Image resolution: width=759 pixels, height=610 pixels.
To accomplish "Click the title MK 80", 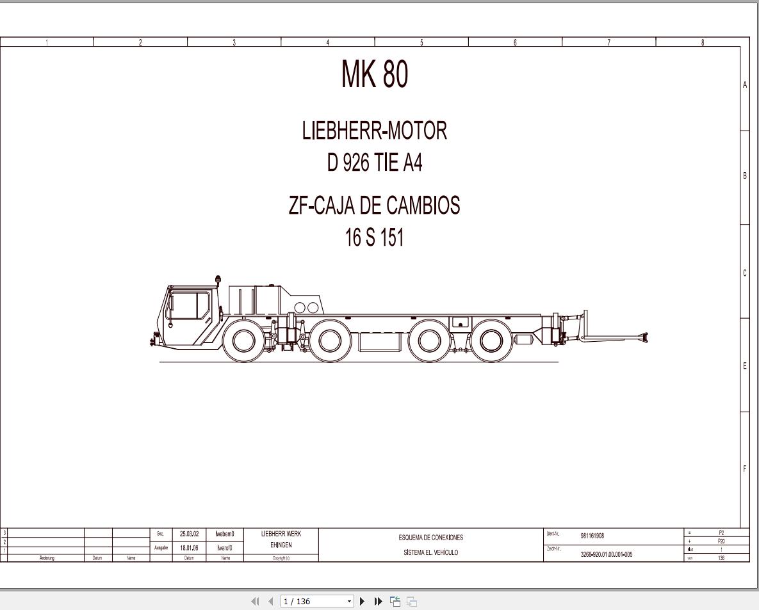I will [375, 75].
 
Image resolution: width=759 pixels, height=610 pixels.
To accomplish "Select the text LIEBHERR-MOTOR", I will [375, 131].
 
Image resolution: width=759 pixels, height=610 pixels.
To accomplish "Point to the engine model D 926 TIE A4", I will [375, 163].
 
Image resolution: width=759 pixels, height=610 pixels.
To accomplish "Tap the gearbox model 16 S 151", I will [375, 238].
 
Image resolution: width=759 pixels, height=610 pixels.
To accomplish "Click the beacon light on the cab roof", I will [218, 280].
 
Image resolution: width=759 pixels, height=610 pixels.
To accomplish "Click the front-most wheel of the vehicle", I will [244, 341].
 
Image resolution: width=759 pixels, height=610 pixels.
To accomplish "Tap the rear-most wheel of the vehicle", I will [491, 341].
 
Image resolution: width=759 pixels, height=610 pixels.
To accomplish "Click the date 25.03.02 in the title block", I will [189, 534].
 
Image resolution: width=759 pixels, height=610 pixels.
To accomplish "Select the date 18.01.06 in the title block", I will [189, 548].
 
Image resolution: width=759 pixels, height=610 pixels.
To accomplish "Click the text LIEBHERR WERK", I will [281, 534].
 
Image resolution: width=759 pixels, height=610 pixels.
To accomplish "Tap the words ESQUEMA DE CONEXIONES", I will [430, 538].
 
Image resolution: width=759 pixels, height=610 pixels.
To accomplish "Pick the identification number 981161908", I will [592, 536].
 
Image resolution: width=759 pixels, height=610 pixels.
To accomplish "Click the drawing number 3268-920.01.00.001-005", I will [606, 554].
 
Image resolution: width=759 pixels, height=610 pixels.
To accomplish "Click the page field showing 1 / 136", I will [313, 601].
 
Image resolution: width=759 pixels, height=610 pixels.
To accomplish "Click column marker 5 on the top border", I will [421, 43].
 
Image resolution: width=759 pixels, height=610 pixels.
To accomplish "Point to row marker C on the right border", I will [744, 273].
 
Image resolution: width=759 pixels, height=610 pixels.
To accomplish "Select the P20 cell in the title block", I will [721, 541].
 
